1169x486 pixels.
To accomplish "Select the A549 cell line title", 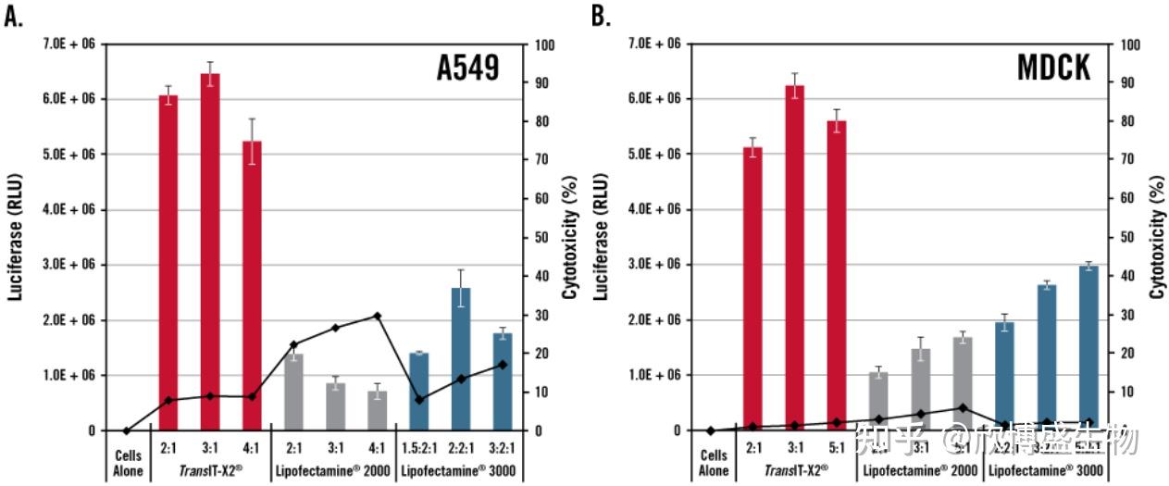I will tap(467, 69).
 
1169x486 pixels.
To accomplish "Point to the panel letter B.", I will tap(601, 16).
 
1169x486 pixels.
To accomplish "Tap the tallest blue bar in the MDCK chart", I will tap(1088, 348).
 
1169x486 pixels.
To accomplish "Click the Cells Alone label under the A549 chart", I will tap(126, 462).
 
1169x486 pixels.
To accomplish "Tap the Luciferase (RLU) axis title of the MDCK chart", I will tap(601, 237).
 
